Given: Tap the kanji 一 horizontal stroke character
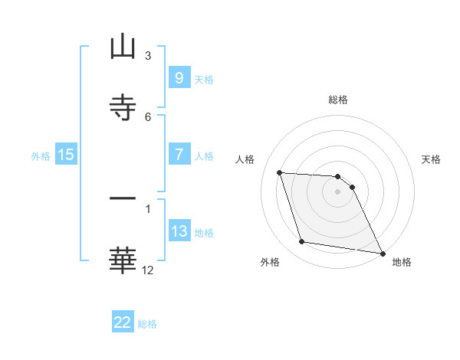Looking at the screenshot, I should click(x=123, y=199).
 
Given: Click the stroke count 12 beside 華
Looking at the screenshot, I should click(x=148, y=270).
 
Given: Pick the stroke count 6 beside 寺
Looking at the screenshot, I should click(x=148, y=116).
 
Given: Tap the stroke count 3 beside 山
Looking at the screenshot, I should click(x=148, y=56).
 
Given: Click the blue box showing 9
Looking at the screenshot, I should click(x=179, y=78).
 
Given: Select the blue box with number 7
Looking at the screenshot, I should click(x=179, y=155).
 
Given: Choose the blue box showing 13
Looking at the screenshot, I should click(x=179, y=231).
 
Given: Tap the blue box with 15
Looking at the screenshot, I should click(x=66, y=155).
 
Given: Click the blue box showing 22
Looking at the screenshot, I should click(x=123, y=322).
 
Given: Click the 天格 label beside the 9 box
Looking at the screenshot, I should click(x=204, y=79).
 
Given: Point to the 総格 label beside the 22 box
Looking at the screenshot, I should click(x=147, y=323).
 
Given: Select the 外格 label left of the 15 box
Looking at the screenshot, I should click(x=41, y=155).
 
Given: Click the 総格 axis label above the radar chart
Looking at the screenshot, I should click(x=337, y=100).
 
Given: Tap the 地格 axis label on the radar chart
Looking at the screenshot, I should click(x=402, y=262).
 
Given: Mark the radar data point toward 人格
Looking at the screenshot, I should click(x=279, y=172).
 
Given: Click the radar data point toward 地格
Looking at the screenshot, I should click(x=382, y=253).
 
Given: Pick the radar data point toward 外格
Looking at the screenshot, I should click(x=302, y=242).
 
